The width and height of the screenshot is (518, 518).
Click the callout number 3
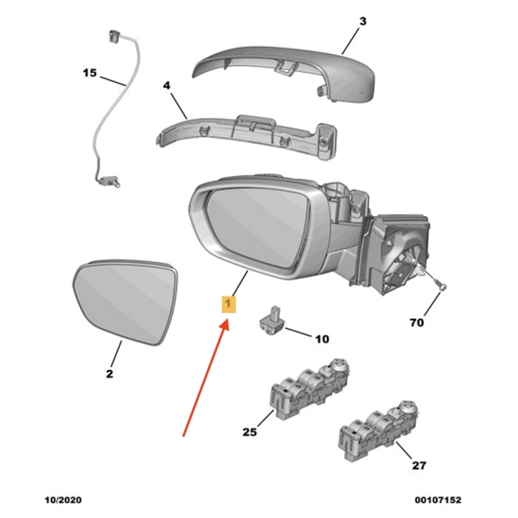(x=363, y=22)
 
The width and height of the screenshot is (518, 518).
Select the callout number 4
(x=166, y=86)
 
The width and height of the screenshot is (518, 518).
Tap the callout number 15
(x=90, y=73)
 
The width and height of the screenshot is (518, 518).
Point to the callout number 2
(x=109, y=374)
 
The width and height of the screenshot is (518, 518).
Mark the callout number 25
(x=249, y=431)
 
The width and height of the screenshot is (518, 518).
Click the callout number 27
(x=419, y=466)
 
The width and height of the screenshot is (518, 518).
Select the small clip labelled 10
(x=270, y=317)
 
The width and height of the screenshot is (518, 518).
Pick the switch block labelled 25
(x=307, y=388)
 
